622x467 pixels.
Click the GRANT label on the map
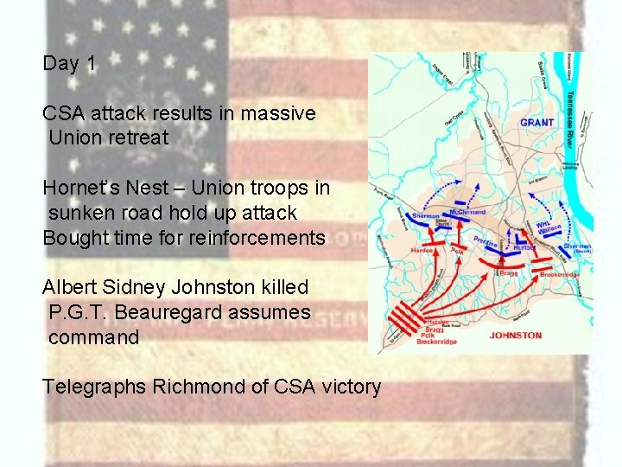coord(536,123)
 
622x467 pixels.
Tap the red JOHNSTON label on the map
coord(515,336)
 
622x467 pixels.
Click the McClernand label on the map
coord(467,212)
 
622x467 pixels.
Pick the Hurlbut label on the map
coord(527,247)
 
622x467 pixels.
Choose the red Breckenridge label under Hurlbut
coord(561,273)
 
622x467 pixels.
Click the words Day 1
coord(69,63)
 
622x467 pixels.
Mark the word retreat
coord(137,138)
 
